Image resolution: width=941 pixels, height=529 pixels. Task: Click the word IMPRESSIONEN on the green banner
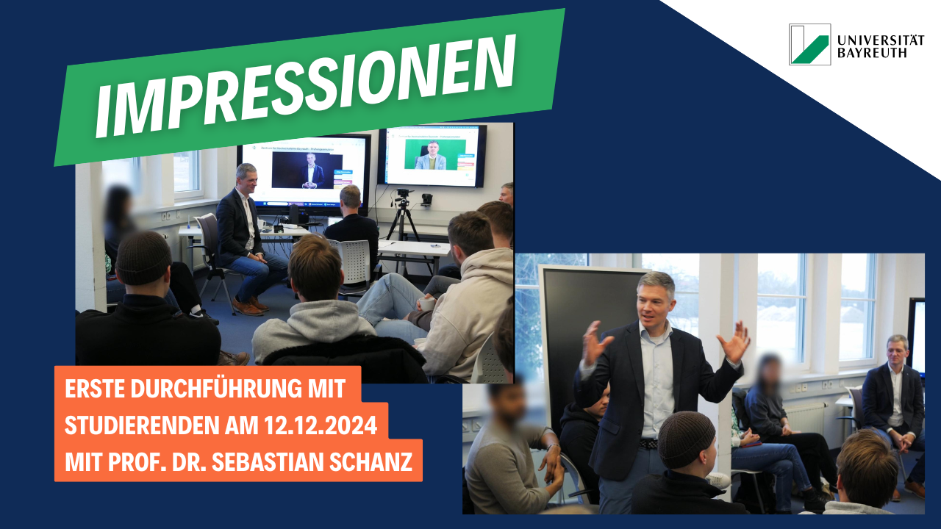pyautogui.click(x=305, y=87)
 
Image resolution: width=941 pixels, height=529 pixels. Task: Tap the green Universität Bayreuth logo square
pyautogui.click(x=809, y=44)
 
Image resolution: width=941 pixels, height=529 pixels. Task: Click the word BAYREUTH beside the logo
pyautogui.click(x=872, y=53)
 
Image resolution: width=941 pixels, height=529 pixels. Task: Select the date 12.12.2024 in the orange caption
pyautogui.click(x=321, y=425)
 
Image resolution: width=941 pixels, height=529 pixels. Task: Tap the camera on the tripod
pyautogui.click(x=404, y=194)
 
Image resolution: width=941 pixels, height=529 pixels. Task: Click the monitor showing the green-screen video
pyautogui.click(x=432, y=155)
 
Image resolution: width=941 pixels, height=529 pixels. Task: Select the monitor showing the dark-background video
pyautogui.click(x=304, y=171)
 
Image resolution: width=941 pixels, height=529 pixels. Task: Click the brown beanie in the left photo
pyautogui.click(x=143, y=258)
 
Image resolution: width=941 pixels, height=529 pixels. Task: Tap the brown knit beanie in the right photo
pyautogui.click(x=686, y=439)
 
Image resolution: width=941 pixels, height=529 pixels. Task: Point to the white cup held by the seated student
pyautogui.click(x=426, y=303)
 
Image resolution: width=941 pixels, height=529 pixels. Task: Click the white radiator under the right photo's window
pyautogui.click(x=807, y=420)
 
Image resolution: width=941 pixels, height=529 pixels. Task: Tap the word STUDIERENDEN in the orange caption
pyautogui.click(x=142, y=425)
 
